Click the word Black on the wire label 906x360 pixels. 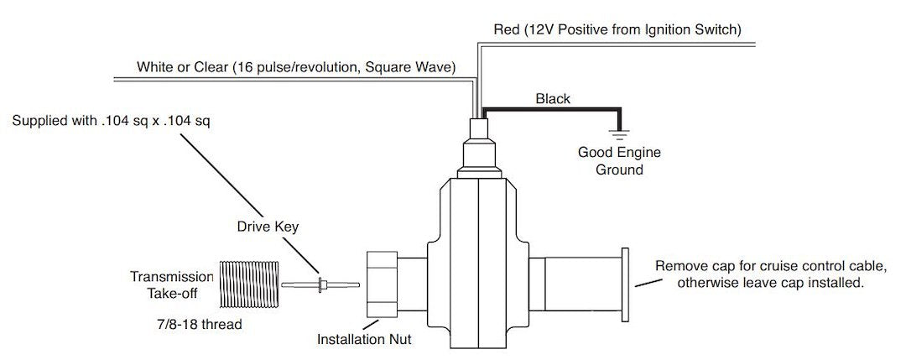553,99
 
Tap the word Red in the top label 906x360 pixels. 505,31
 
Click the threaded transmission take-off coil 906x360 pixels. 247,286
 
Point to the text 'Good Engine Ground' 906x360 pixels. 619,161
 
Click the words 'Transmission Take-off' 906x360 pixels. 172,285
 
